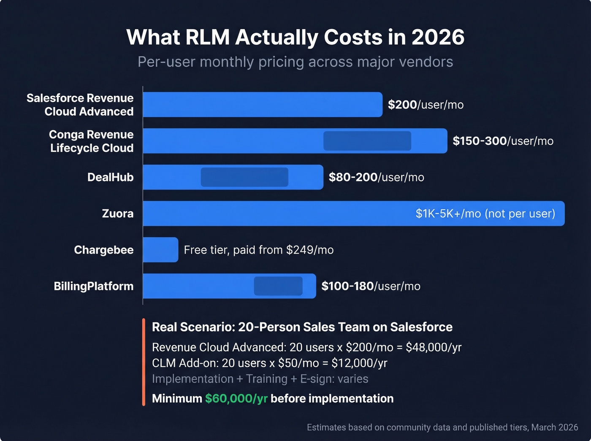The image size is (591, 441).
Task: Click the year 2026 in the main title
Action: pyautogui.click(x=438, y=37)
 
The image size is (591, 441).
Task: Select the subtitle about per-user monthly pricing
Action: pyautogui.click(x=295, y=62)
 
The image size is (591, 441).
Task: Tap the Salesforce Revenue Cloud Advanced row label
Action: pyautogui.click(x=80, y=105)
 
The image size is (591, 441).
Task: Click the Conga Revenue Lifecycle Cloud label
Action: pyautogui.click(x=92, y=141)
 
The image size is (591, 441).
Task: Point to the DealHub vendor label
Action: pyautogui.click(x=110, y=177)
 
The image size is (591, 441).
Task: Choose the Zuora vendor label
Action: pyautogui.click(x=117, y=214)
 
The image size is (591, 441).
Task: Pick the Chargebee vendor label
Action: pyautogui.click(x=103, y=250)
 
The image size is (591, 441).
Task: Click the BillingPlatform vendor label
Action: pyautogui.click(x=93, y=286)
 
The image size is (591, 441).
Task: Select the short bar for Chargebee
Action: pyautogui.click(x=160, y=250)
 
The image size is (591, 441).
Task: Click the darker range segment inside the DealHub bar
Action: pyautogui.click(x=244, y=177)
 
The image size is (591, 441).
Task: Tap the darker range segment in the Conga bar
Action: pyautogui.click(x=367, y=141)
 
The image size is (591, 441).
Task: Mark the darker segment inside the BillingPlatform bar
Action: pyautogui.click(x=278, y=286)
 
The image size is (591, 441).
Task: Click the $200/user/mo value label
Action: pyautogui.click(x=426, y=105)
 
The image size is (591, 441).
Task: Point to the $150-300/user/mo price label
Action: pyautogui.click(x=503, y=141)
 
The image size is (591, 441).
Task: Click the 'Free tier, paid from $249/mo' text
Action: pyautogui.click(x=259, y=250)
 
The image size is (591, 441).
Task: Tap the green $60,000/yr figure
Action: pyautogui.click(x=236, y=398)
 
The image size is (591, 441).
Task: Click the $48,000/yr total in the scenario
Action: pyautogui.click(x=434, y=347)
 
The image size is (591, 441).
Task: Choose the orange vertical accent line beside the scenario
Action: pyautogui.click(x=144, y=362)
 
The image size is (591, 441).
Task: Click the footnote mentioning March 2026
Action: pyautogui.click(x=442, y=427)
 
